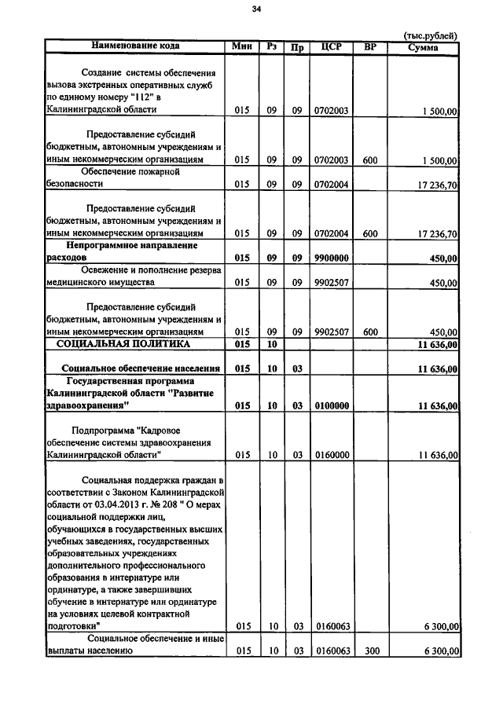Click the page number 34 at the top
tap(256, 9)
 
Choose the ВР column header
tap(370, 47)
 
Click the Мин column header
tap(241, 46)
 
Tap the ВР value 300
tap(370, 651)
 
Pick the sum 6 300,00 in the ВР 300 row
tap(440, 651)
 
